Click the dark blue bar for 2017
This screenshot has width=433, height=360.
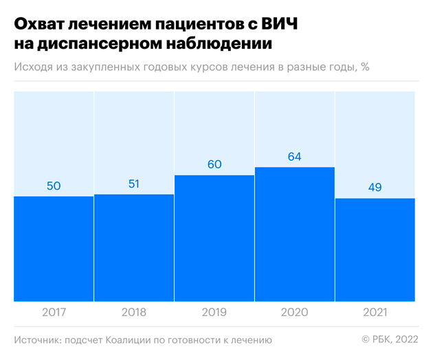54,249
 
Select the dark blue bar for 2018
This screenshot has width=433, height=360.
134,247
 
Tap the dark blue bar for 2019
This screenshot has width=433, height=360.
214,238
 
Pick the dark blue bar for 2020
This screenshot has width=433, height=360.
295,234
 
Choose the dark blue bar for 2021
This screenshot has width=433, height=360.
375,249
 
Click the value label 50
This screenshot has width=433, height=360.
54,187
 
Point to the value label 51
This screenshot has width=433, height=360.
134,185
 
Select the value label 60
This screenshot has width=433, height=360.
214,166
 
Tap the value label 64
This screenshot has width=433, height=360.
295,157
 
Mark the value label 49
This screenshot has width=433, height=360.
375,188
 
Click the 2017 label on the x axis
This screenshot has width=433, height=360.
54,313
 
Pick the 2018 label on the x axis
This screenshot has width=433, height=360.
134,313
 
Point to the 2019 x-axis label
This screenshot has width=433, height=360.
214,313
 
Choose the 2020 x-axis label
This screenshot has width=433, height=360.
295,313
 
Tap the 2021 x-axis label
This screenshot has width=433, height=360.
375,313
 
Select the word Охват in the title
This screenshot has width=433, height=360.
41,25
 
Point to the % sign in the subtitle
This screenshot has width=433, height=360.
365,67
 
